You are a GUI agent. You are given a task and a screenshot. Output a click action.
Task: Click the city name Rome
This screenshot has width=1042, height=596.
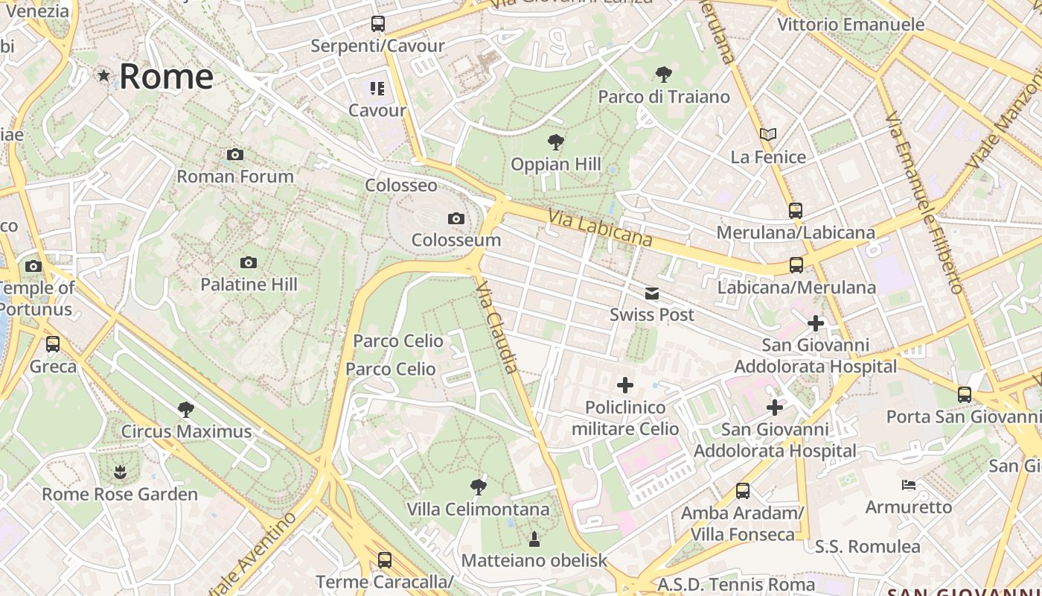point(166,77)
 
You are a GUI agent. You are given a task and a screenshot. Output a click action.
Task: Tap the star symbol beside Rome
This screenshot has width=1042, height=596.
point(103,76)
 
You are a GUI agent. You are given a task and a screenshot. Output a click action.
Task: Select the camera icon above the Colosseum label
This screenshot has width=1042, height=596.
point(456,218)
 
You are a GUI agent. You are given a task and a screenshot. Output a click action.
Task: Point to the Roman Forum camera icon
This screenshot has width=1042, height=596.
point(235,154)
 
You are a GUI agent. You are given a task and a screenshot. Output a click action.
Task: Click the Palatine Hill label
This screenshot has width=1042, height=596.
point(249,284)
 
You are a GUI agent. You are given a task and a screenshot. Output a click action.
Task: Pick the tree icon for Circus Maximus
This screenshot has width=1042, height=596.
point(186,409)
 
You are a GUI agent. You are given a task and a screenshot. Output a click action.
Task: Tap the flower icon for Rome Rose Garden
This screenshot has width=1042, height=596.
point(120,472)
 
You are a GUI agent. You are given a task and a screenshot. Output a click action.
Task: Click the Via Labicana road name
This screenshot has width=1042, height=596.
point(600,227)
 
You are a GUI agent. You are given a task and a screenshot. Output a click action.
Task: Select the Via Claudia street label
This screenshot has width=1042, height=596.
point(497,327)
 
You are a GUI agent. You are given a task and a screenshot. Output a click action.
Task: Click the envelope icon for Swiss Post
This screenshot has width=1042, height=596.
point(652,293)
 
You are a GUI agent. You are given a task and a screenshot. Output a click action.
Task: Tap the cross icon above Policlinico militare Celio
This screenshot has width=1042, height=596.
point(625,385)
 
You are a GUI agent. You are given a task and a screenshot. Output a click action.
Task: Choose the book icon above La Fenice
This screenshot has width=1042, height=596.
point(768,135)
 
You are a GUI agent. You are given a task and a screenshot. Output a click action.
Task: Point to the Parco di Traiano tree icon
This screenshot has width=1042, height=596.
point(664,74)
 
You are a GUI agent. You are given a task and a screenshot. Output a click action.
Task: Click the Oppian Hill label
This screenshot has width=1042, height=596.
point(555,164)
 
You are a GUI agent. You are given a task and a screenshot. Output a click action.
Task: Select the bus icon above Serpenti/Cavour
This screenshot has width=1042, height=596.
point(378,24)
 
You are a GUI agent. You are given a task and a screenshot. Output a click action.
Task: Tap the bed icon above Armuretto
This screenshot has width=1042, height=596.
point(908,485)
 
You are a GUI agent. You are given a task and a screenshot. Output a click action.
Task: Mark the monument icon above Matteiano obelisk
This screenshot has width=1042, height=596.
point(534,538)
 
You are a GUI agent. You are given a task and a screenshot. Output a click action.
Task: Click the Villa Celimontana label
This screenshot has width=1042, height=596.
point(478,510)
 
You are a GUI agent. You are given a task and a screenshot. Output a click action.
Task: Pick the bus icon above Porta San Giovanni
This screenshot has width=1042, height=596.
point(965,394)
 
